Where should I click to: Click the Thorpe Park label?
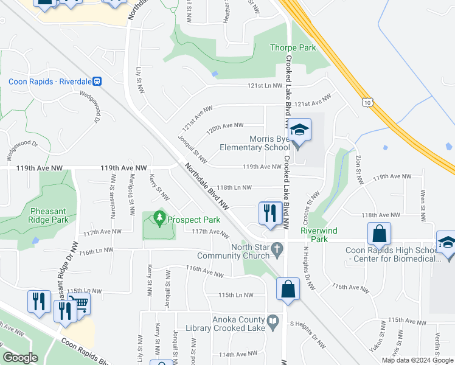[293, 48]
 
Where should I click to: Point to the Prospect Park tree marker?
[159, 217]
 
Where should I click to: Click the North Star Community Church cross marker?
[276, 248]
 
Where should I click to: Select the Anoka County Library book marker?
[274, 320]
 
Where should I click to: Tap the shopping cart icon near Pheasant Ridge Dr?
[78, 302]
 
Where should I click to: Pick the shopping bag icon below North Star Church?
[288, 290]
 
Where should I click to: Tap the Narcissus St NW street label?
[113, 195]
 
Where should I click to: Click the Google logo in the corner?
[20, 358]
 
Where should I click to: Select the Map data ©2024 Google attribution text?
[417, 360]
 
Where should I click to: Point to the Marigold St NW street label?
[131, 195]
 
